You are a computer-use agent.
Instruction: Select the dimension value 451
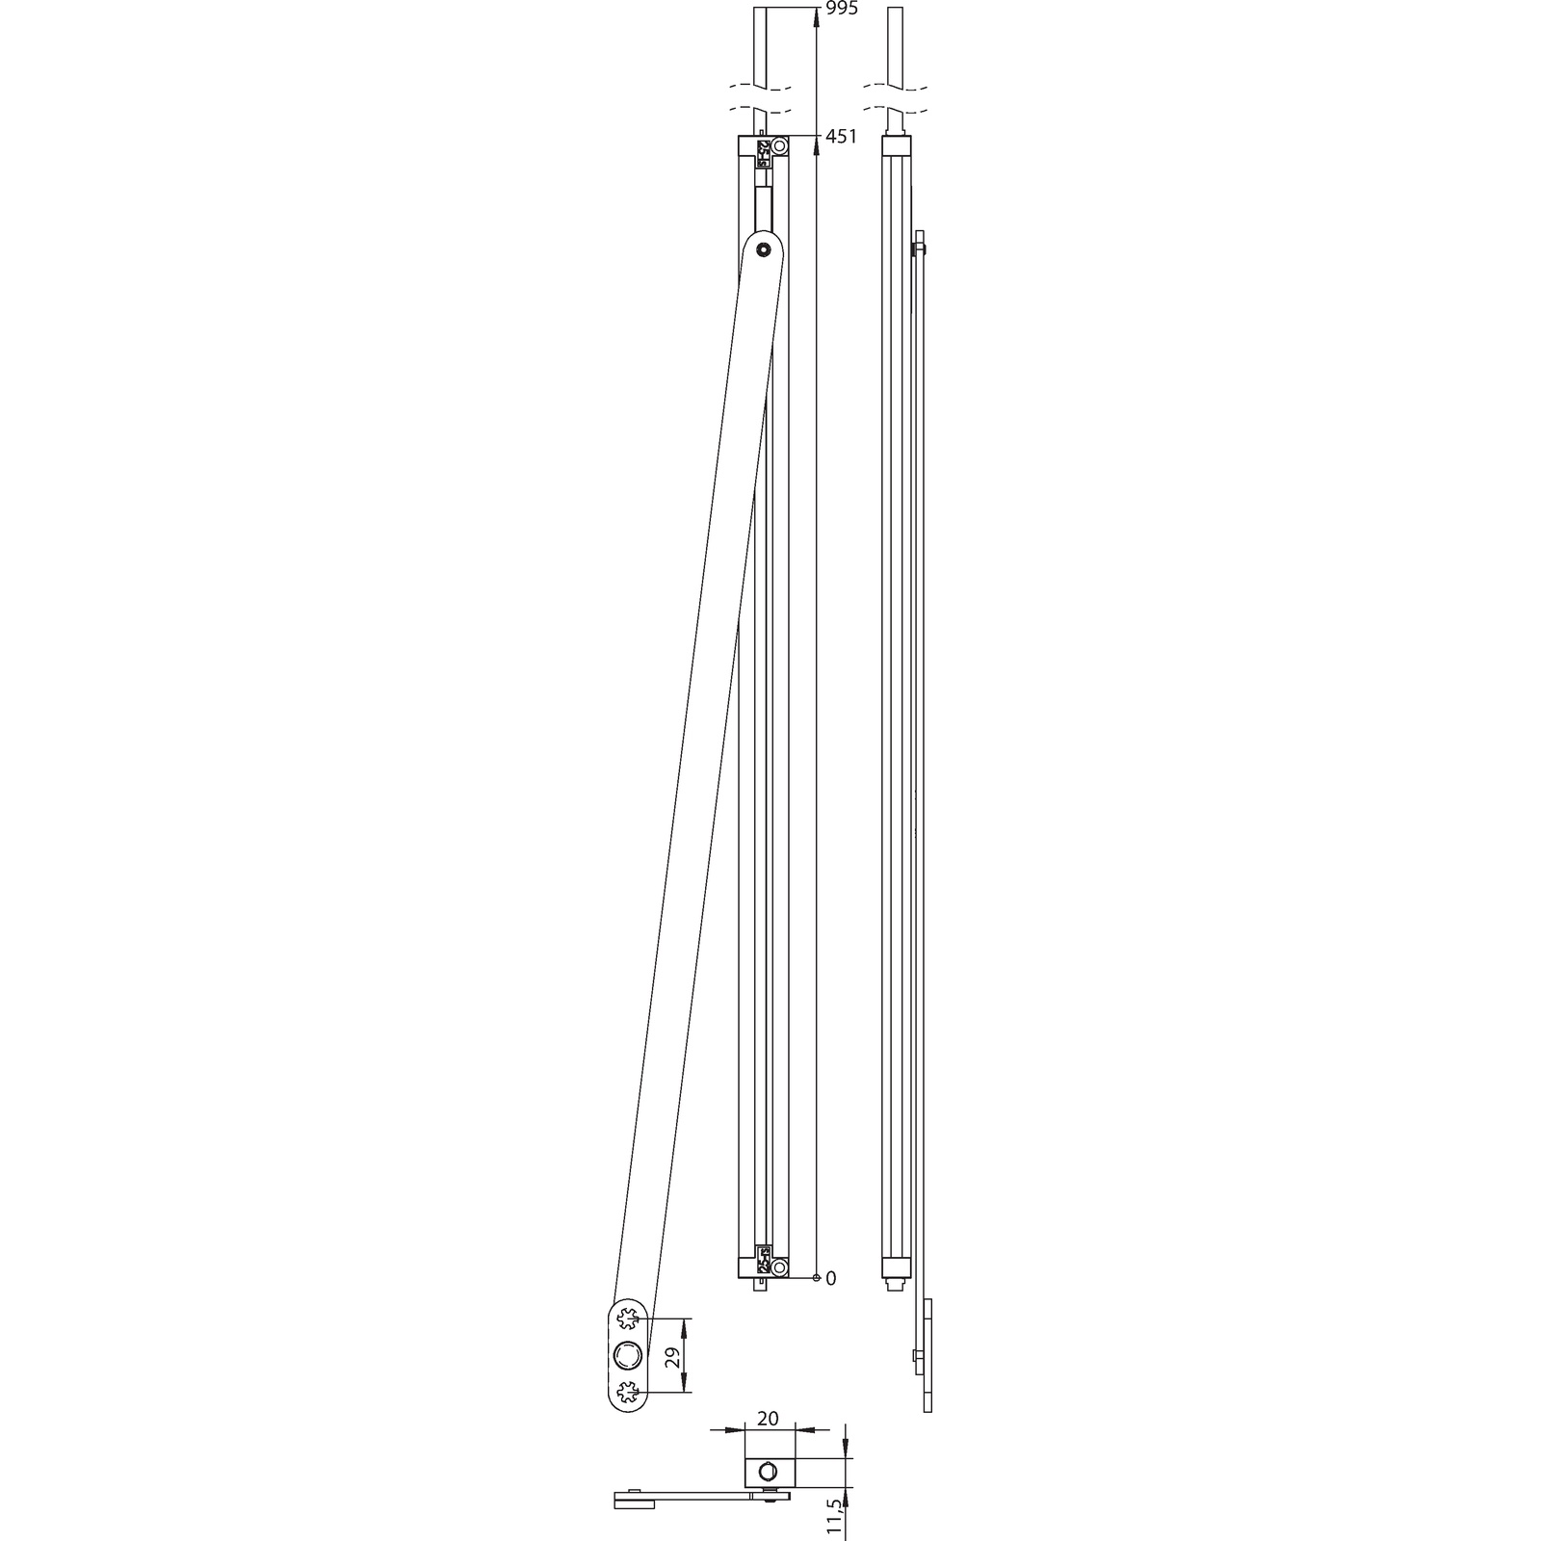click(841, 137)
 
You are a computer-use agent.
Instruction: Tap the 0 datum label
click(831, 1278)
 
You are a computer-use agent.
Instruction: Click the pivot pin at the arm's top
click(763, 249)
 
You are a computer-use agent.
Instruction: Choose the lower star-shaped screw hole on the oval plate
click(630, 1391)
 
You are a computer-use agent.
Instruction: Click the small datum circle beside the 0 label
click(816, 1278)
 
